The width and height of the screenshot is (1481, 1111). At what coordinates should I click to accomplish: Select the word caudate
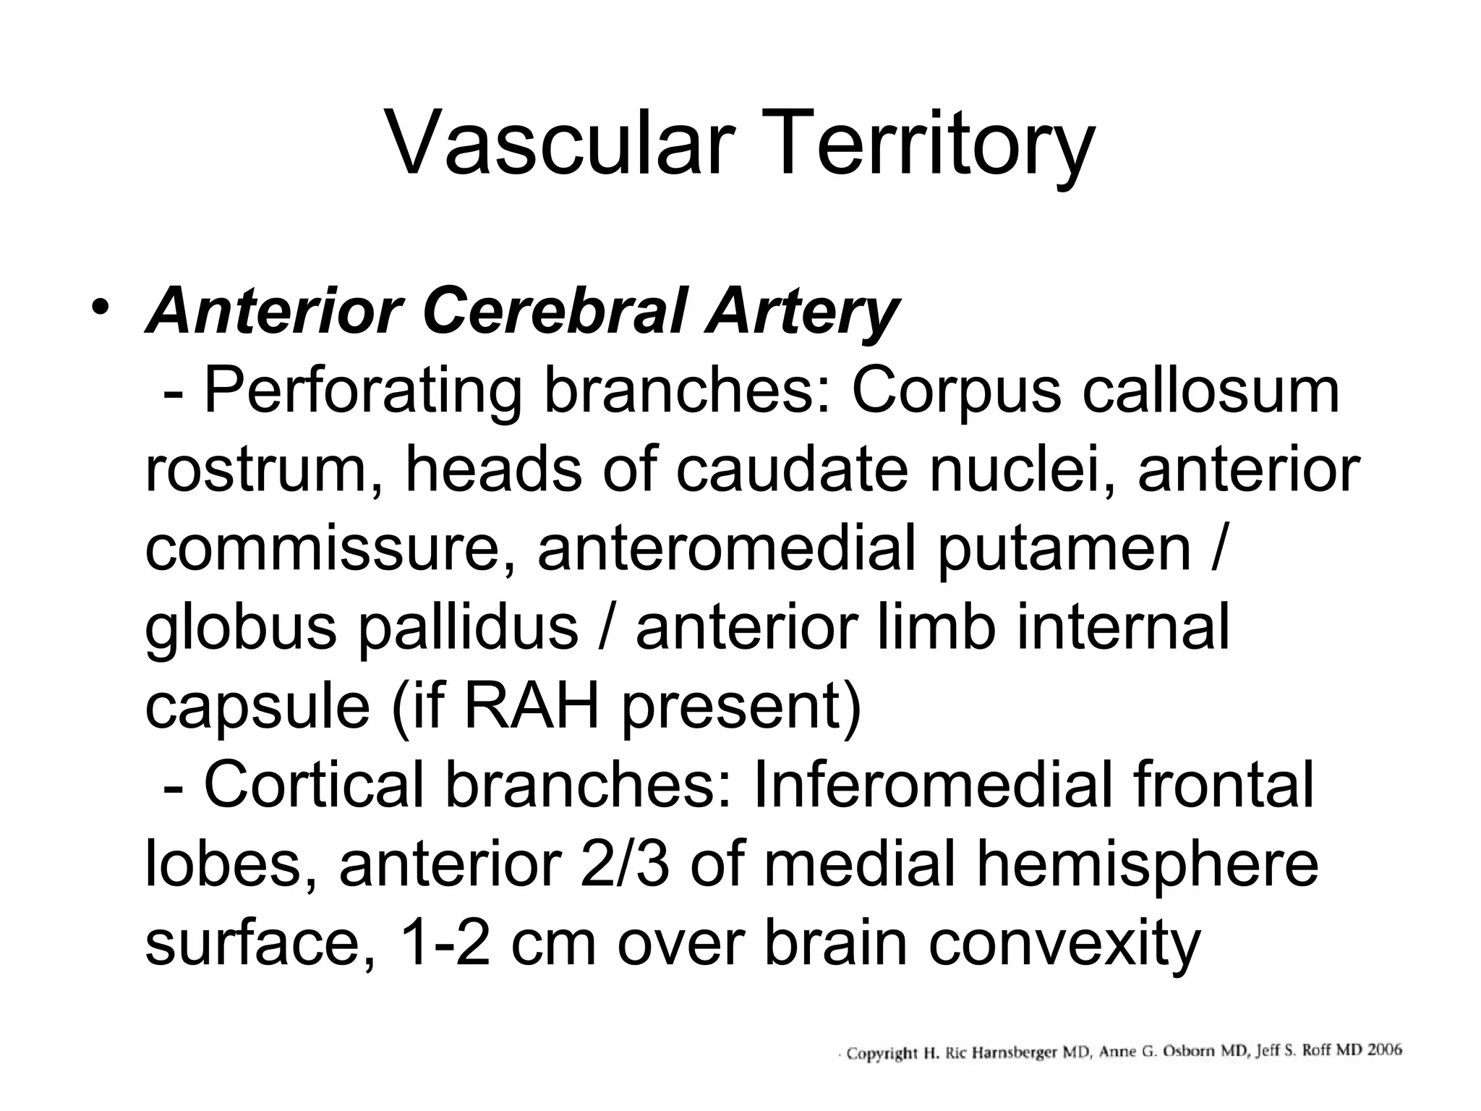click(792, 470)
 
